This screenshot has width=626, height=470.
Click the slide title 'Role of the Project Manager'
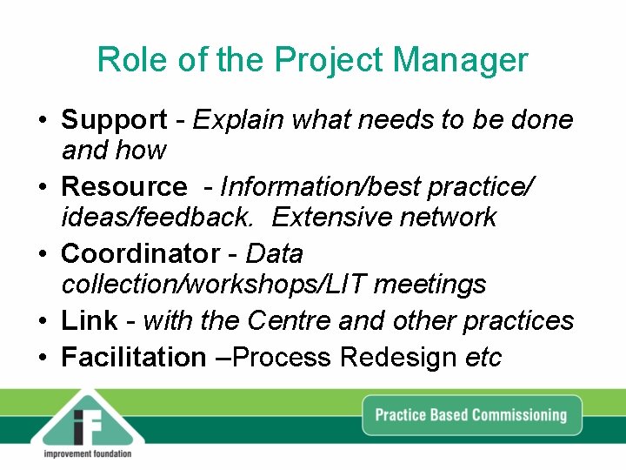pos(312,60)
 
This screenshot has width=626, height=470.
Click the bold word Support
pos(114,120)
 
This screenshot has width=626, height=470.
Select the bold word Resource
pos(123,187)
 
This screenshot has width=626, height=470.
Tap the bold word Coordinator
pos(140,254)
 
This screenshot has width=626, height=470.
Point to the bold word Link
pos(89,321)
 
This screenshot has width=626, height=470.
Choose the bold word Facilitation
pos(133,358)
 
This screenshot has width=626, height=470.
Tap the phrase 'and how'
pos(113,151)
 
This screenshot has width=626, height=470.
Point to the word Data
pos(275,254)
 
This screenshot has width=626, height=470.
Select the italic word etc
pos(483,358)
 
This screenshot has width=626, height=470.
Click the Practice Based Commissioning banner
pos(470,414)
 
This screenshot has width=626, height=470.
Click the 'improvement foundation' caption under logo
pos(87,454)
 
